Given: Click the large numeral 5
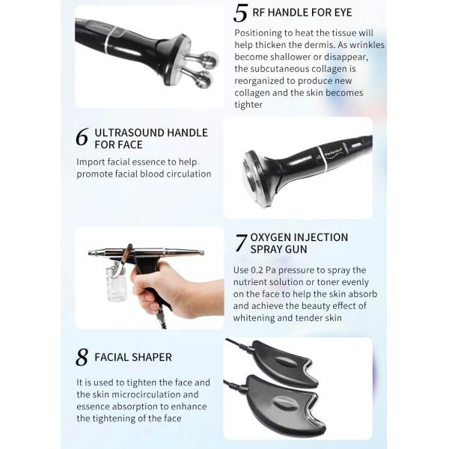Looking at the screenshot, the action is (240, 13).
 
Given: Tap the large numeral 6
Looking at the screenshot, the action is (82, 137).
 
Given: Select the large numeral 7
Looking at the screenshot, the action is (240, 242).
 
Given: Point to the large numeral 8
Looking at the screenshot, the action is (82, 357).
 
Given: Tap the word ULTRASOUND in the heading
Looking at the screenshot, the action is (129, 133).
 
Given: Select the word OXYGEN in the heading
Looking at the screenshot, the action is (269, 237).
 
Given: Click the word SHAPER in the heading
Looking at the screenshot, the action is (153, 358).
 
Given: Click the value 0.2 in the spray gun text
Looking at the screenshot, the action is (256, 270).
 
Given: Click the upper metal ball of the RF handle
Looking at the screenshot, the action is (210, 60).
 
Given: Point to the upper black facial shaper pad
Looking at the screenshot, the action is (284, 361).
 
